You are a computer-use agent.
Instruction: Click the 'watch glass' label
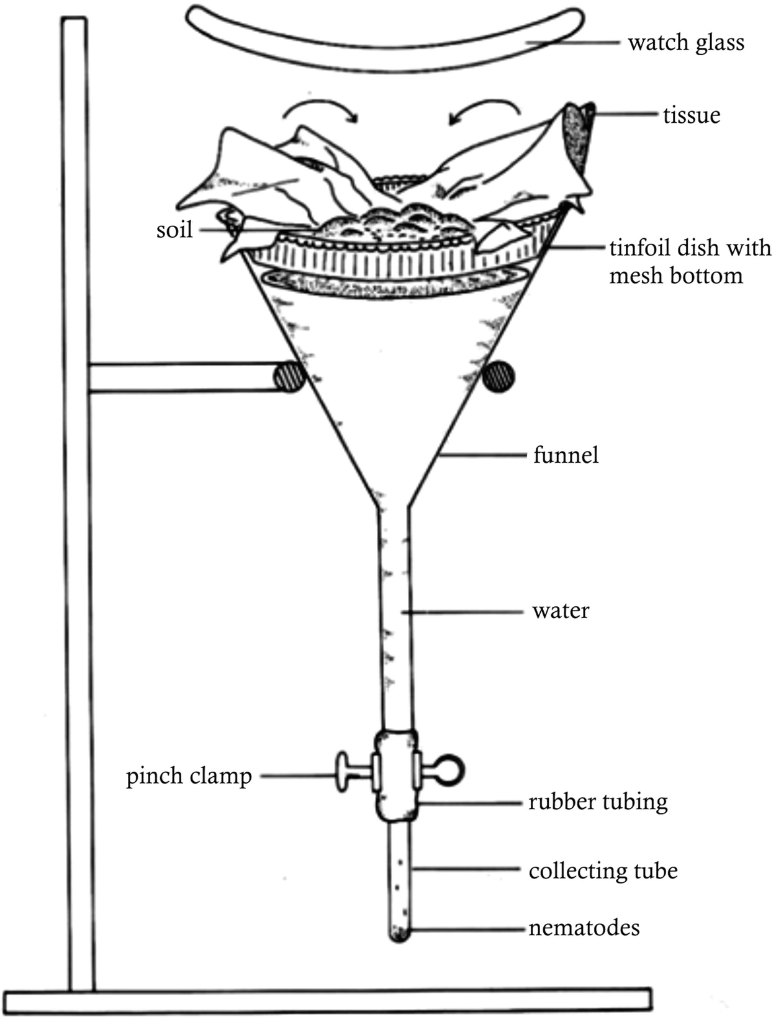tap(685, 43)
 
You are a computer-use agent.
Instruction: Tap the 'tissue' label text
tap(692, 115)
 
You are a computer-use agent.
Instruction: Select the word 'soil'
tap(174, 230)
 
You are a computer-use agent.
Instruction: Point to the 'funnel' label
tap(566, 455)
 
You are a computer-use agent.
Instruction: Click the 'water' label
tap(561, 611)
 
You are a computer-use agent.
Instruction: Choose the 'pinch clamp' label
tap(189, 776)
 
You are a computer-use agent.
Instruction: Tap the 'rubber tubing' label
tap(598, 802)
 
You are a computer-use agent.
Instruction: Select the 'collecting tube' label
tap(603, 871)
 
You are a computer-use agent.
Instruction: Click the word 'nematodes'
tap(584, 928)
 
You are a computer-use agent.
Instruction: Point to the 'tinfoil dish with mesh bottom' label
tap(689, 261)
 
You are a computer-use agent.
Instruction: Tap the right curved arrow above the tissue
tap(484, 109)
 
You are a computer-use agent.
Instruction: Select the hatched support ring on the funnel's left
tap(289, 376)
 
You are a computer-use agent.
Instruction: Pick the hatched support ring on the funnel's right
tap(499, 377)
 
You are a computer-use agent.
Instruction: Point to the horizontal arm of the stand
tap(180, 378)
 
